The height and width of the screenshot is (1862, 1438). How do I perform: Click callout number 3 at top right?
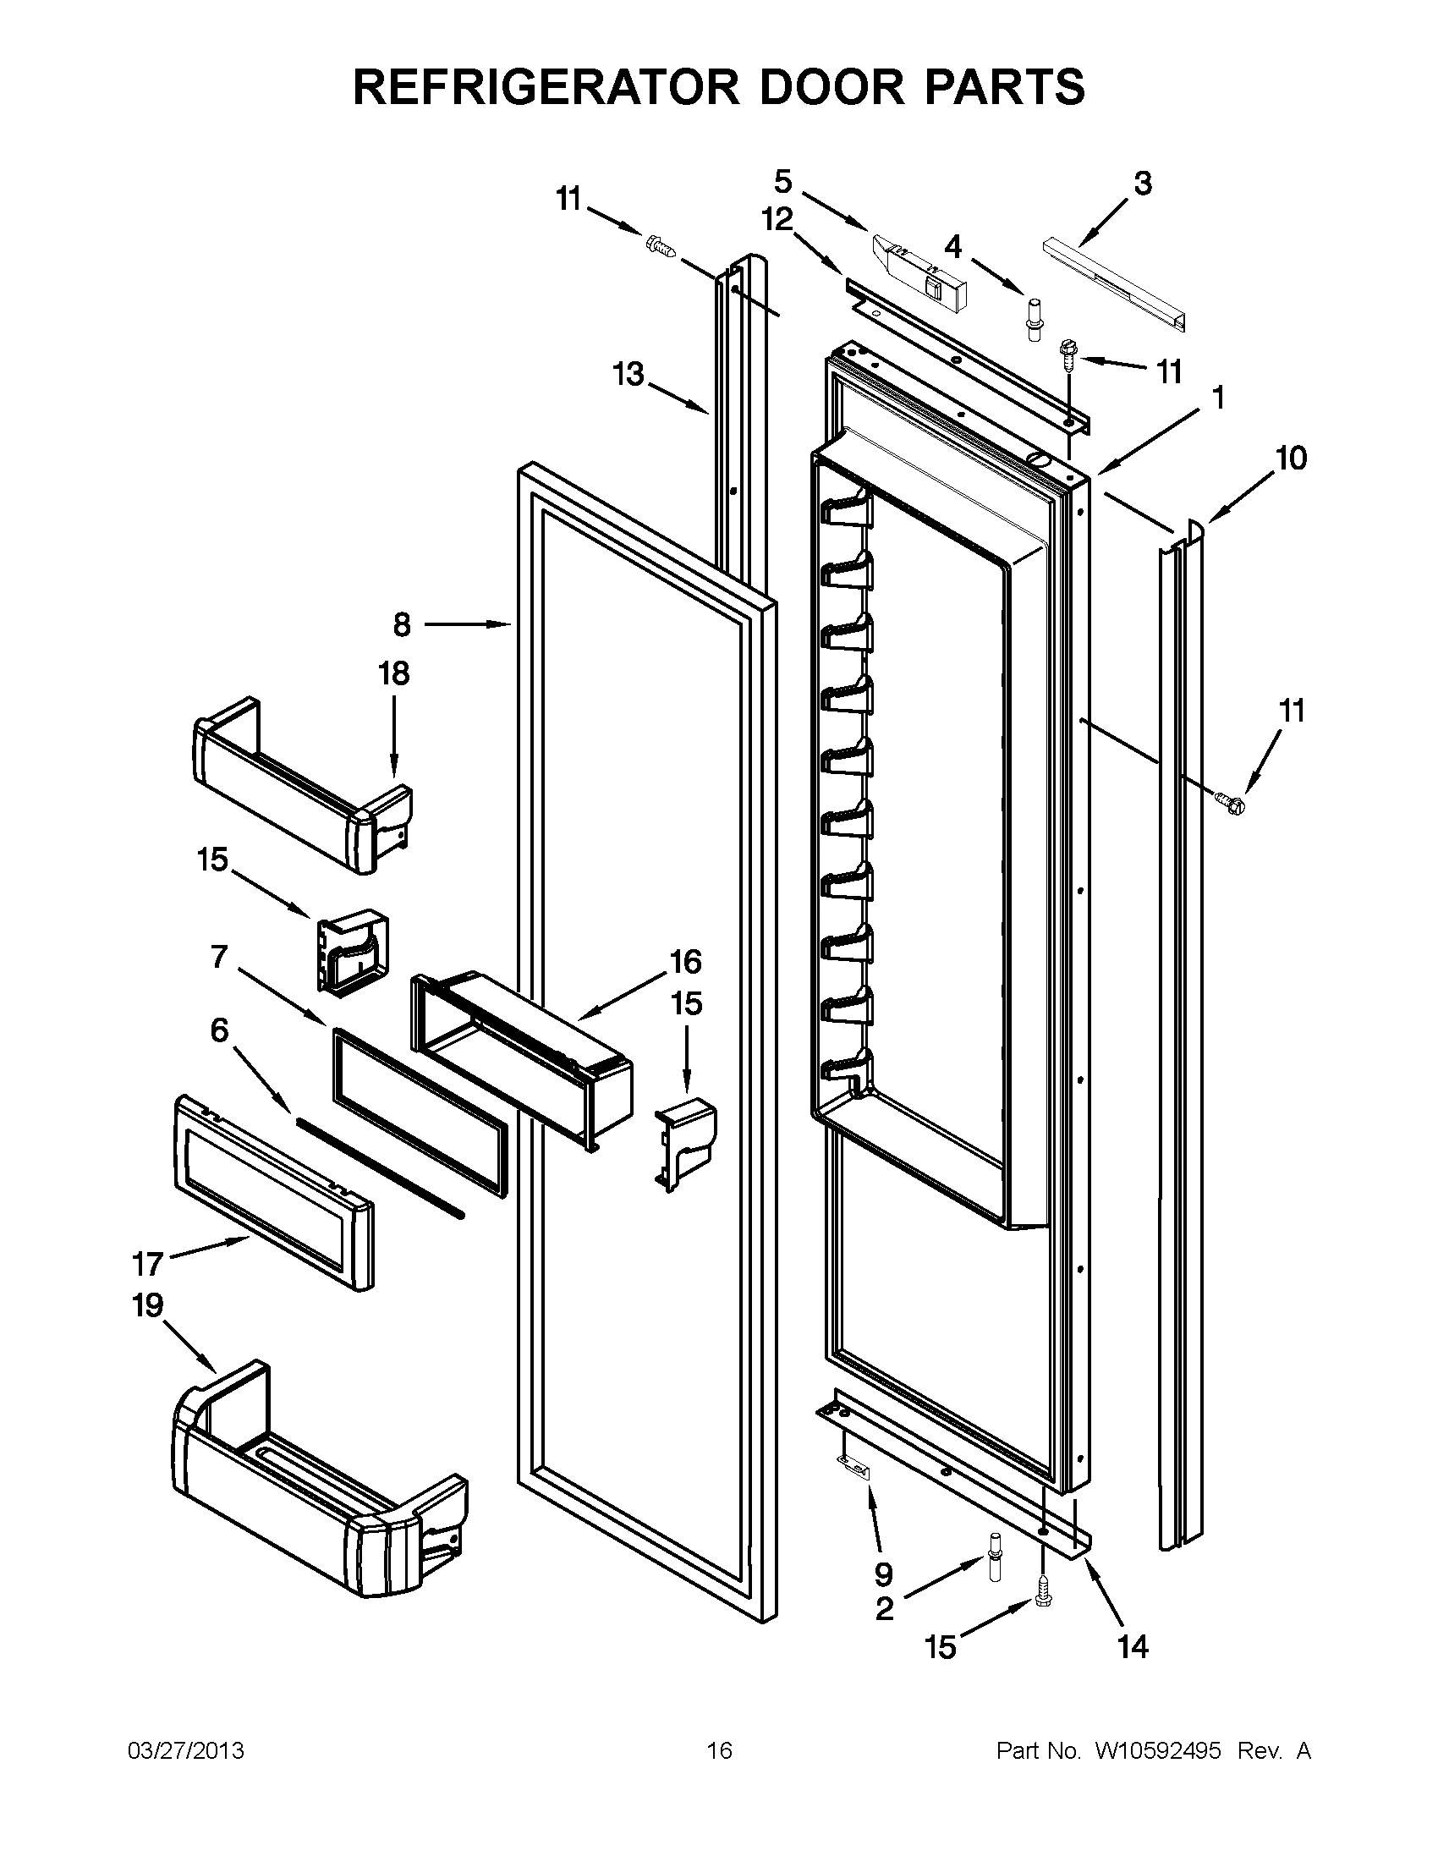click(1142, 183)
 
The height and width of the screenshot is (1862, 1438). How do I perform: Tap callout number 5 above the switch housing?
click(782, 181)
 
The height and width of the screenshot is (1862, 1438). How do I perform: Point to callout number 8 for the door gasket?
click(402, 625)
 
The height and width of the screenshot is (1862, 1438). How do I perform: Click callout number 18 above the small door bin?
click(394, 673)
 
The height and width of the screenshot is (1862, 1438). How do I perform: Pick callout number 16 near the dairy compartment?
click(685, 962)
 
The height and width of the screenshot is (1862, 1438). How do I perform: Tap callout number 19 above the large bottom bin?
click(147, 1305)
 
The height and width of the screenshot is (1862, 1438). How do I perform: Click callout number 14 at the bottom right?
click(1133, 1647)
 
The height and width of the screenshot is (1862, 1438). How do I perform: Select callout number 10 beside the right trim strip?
click(1292, 459)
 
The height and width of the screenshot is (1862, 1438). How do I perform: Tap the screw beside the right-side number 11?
click(1228, 799)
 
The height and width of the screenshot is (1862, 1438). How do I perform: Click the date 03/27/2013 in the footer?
click(185, 1751)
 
